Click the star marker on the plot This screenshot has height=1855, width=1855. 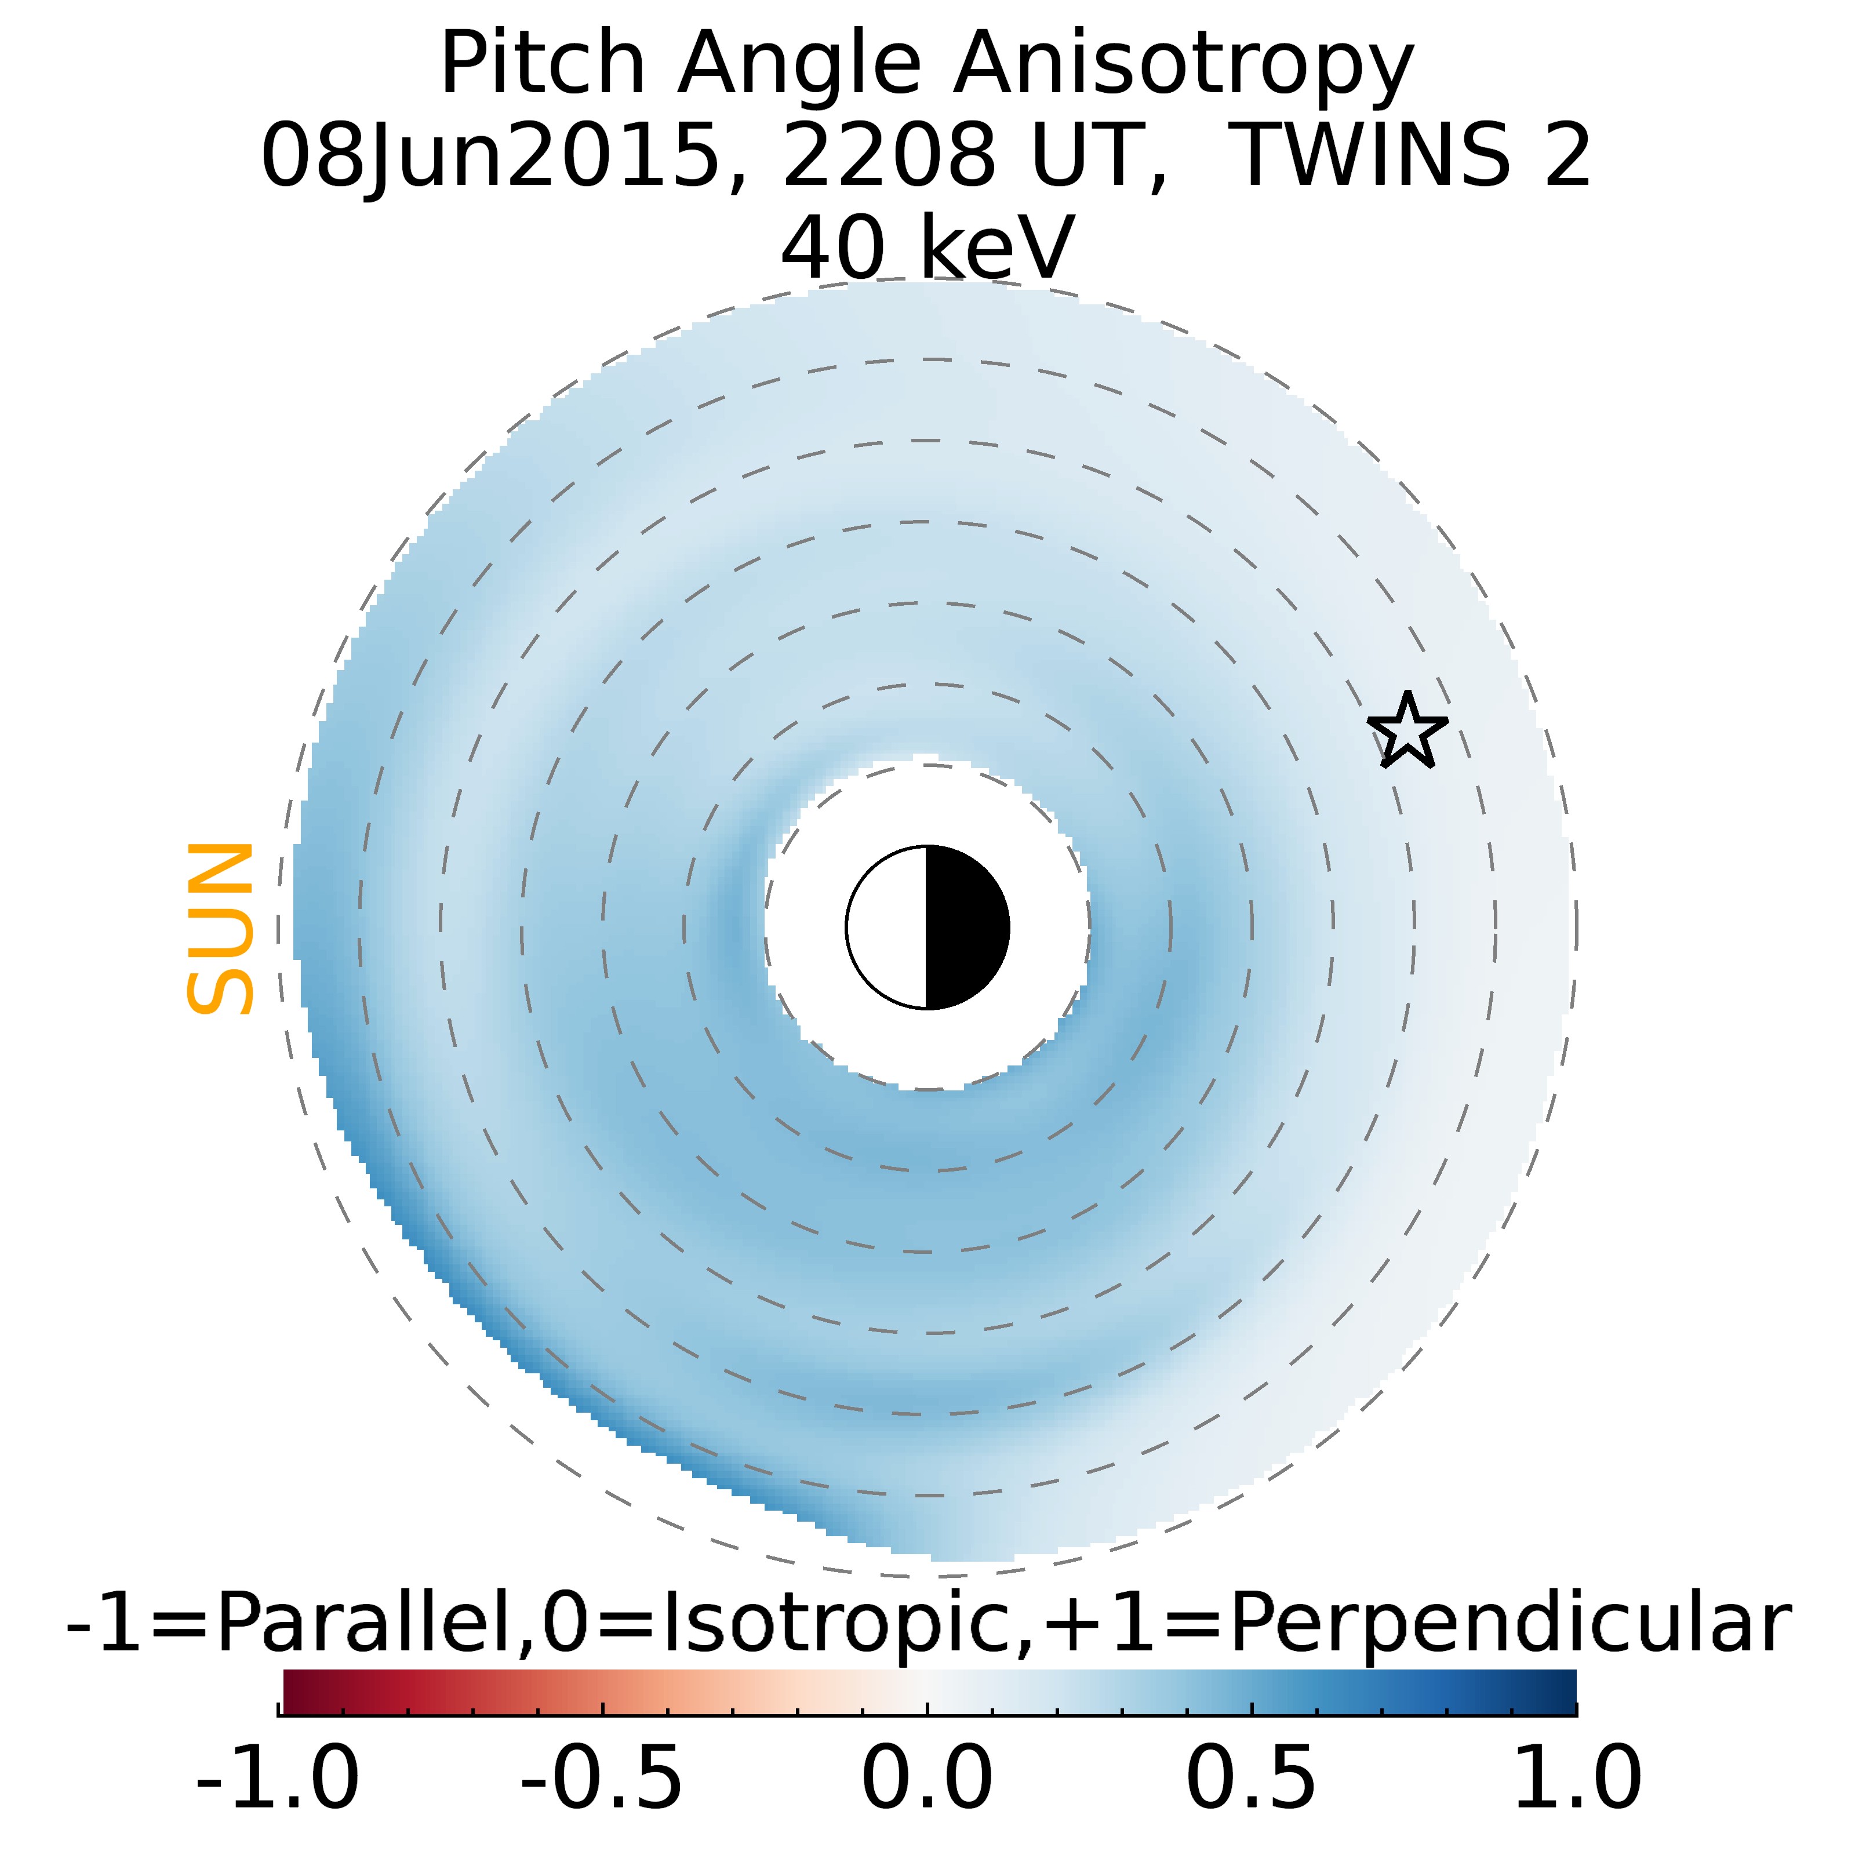point(1407,732)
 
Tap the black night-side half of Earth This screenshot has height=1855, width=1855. point(965,927)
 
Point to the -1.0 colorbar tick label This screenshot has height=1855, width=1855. point(278,1778)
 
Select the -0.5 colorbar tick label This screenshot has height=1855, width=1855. point(602,1778)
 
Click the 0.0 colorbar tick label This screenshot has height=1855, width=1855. point(926,1778)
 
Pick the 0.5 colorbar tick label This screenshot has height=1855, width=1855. point(1251,1778)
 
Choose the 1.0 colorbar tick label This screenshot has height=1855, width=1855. point(1576,1778)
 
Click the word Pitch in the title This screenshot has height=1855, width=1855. point(543,66)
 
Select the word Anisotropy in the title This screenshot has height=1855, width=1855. point(1183,66)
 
